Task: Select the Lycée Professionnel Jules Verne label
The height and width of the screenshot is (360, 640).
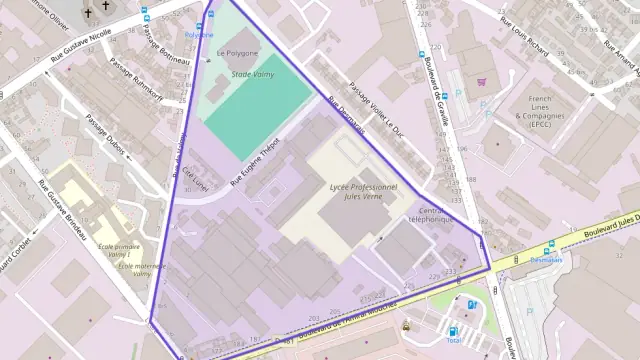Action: tap(364, 192)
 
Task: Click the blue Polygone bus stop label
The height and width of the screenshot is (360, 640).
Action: tap(199, 35)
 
